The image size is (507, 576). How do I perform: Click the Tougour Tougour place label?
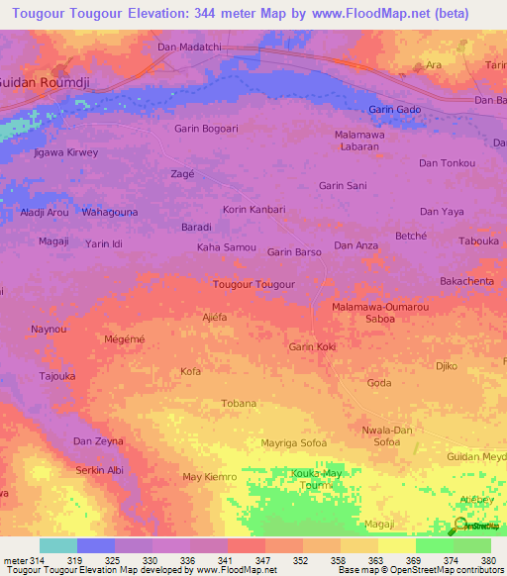[x=254, y=284]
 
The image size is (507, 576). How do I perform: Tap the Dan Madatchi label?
[x=191, y=48]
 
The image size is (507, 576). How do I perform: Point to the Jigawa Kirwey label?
[x=66, y=154]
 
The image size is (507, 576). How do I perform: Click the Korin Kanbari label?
[x=253, y=210]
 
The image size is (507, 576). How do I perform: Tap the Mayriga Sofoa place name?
[x=293, y=442]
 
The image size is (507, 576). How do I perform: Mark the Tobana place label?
[x=238, y=403]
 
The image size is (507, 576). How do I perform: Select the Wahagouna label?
[x=110, y=212]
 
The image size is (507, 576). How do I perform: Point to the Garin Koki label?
[x=313, y=346]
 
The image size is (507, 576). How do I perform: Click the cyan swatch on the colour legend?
[x=57, y=545]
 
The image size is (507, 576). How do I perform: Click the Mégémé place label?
[x=125, y=339]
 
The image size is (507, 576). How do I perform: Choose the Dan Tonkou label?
[x=448, y=163]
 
